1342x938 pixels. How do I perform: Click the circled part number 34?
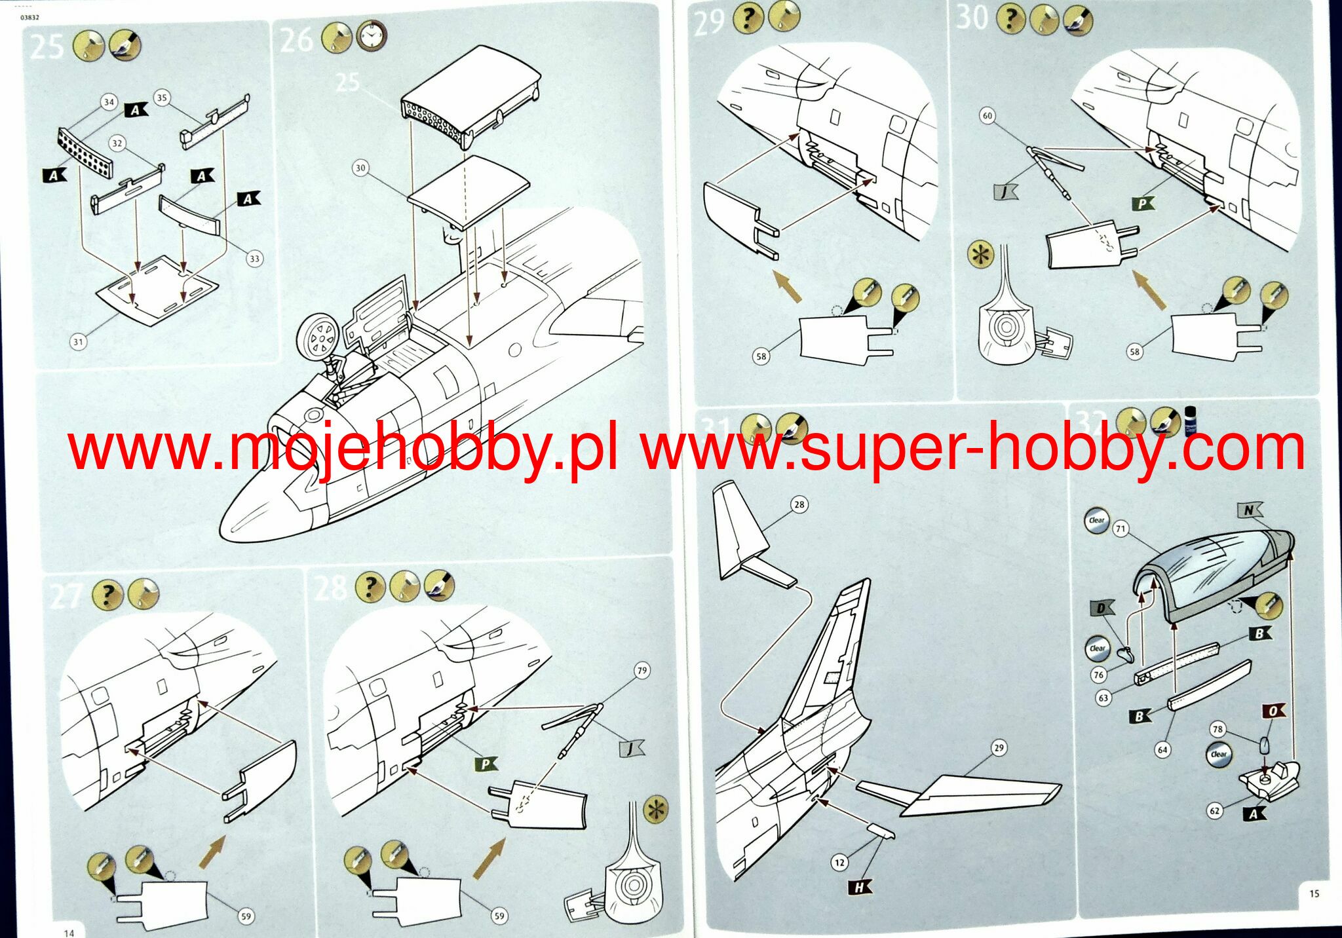pos(109,102)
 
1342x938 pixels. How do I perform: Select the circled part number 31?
pos(78,341)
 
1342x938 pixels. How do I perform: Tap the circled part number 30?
pos(360,168)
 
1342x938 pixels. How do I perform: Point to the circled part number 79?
pos(642,670)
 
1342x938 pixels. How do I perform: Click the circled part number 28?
pos(799,504)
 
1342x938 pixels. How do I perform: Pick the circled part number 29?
pos(998,747)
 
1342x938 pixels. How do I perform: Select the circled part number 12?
pos(839,863)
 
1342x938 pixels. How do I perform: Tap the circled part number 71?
pos(1121,529)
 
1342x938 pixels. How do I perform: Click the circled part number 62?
pos(1214,810)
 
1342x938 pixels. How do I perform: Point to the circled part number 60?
pos(987,116)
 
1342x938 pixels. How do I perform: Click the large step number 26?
pos(296,39)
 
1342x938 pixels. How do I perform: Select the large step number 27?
pos(66,596)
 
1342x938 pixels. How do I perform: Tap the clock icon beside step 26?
pos(372,37)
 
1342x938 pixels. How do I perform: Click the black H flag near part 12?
pos(860,888)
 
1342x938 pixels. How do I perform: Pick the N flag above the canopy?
pos(1249,510)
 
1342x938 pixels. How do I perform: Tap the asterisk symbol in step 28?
pos(656,810)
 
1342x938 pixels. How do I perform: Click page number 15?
pos(1314,893)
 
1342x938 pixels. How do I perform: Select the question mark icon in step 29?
pos(747,18)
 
